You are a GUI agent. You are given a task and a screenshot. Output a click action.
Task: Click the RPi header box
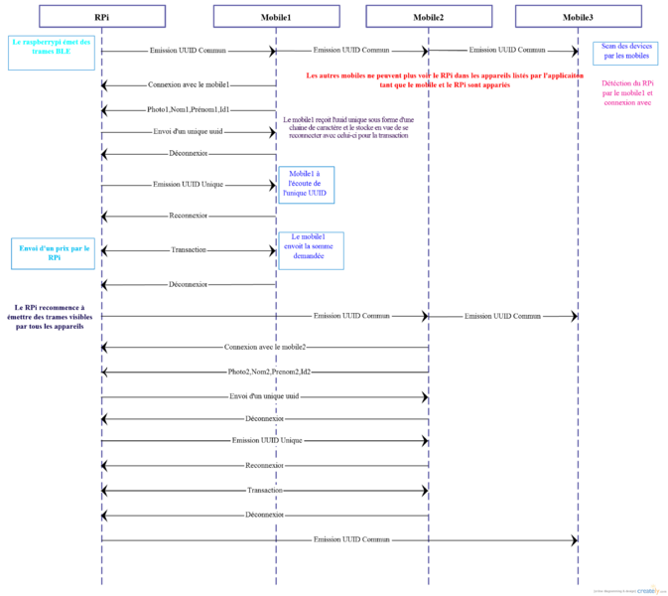tap(101, 16)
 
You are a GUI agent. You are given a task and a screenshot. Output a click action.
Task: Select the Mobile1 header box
tap(275, 16)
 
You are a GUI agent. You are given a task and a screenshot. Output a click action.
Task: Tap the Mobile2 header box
tap(428, 16)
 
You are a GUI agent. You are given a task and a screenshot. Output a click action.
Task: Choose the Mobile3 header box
tap(578, 16)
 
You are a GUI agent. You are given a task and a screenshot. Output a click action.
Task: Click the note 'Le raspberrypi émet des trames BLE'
tap(52, 52)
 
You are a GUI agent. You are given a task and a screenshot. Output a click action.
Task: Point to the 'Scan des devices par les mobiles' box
tap(625, 52)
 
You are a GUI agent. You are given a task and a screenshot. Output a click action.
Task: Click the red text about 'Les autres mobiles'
tap(445, 80)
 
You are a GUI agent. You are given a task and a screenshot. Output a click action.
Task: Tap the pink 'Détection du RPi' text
tap(627, 93)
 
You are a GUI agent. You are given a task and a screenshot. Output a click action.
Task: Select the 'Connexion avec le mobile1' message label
tap(189, 85)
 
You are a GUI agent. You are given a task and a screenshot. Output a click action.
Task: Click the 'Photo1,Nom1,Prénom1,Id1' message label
tap(188, 109)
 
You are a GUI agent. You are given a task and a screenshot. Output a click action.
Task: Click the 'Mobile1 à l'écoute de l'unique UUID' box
tap(305, 184)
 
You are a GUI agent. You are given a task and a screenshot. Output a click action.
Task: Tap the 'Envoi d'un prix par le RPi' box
tap(54, 253)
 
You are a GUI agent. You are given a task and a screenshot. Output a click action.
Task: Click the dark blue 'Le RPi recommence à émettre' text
tap(50, 317)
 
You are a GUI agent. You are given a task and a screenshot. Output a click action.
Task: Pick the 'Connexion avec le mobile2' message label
tap(264, 347)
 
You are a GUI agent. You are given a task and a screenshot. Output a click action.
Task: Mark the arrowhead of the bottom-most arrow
tap(574, 540)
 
